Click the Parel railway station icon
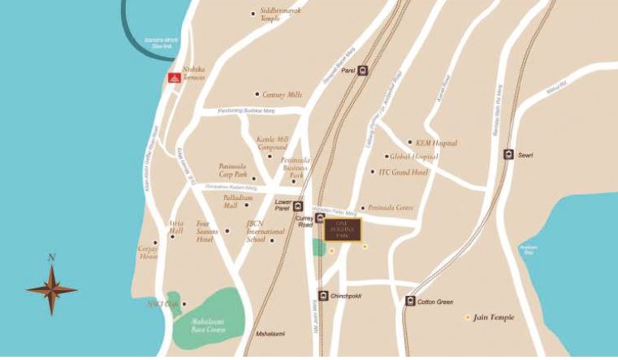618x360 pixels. click(362, 70)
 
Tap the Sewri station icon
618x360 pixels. click(508, 154)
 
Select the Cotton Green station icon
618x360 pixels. click(410, 301)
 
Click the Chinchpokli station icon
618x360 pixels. click(323, 296)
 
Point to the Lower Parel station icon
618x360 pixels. click(298, 206)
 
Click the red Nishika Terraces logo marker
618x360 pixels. click(172, 78)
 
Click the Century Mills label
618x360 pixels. click(281, 95)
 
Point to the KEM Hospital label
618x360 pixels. click(438, 143)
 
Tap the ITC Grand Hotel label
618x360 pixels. click(403, 172)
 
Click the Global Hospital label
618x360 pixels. click(413, 157)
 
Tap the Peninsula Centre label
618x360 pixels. click(391, 208)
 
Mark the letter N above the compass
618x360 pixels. click(51, 258)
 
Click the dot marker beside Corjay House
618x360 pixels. click(155, 242)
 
